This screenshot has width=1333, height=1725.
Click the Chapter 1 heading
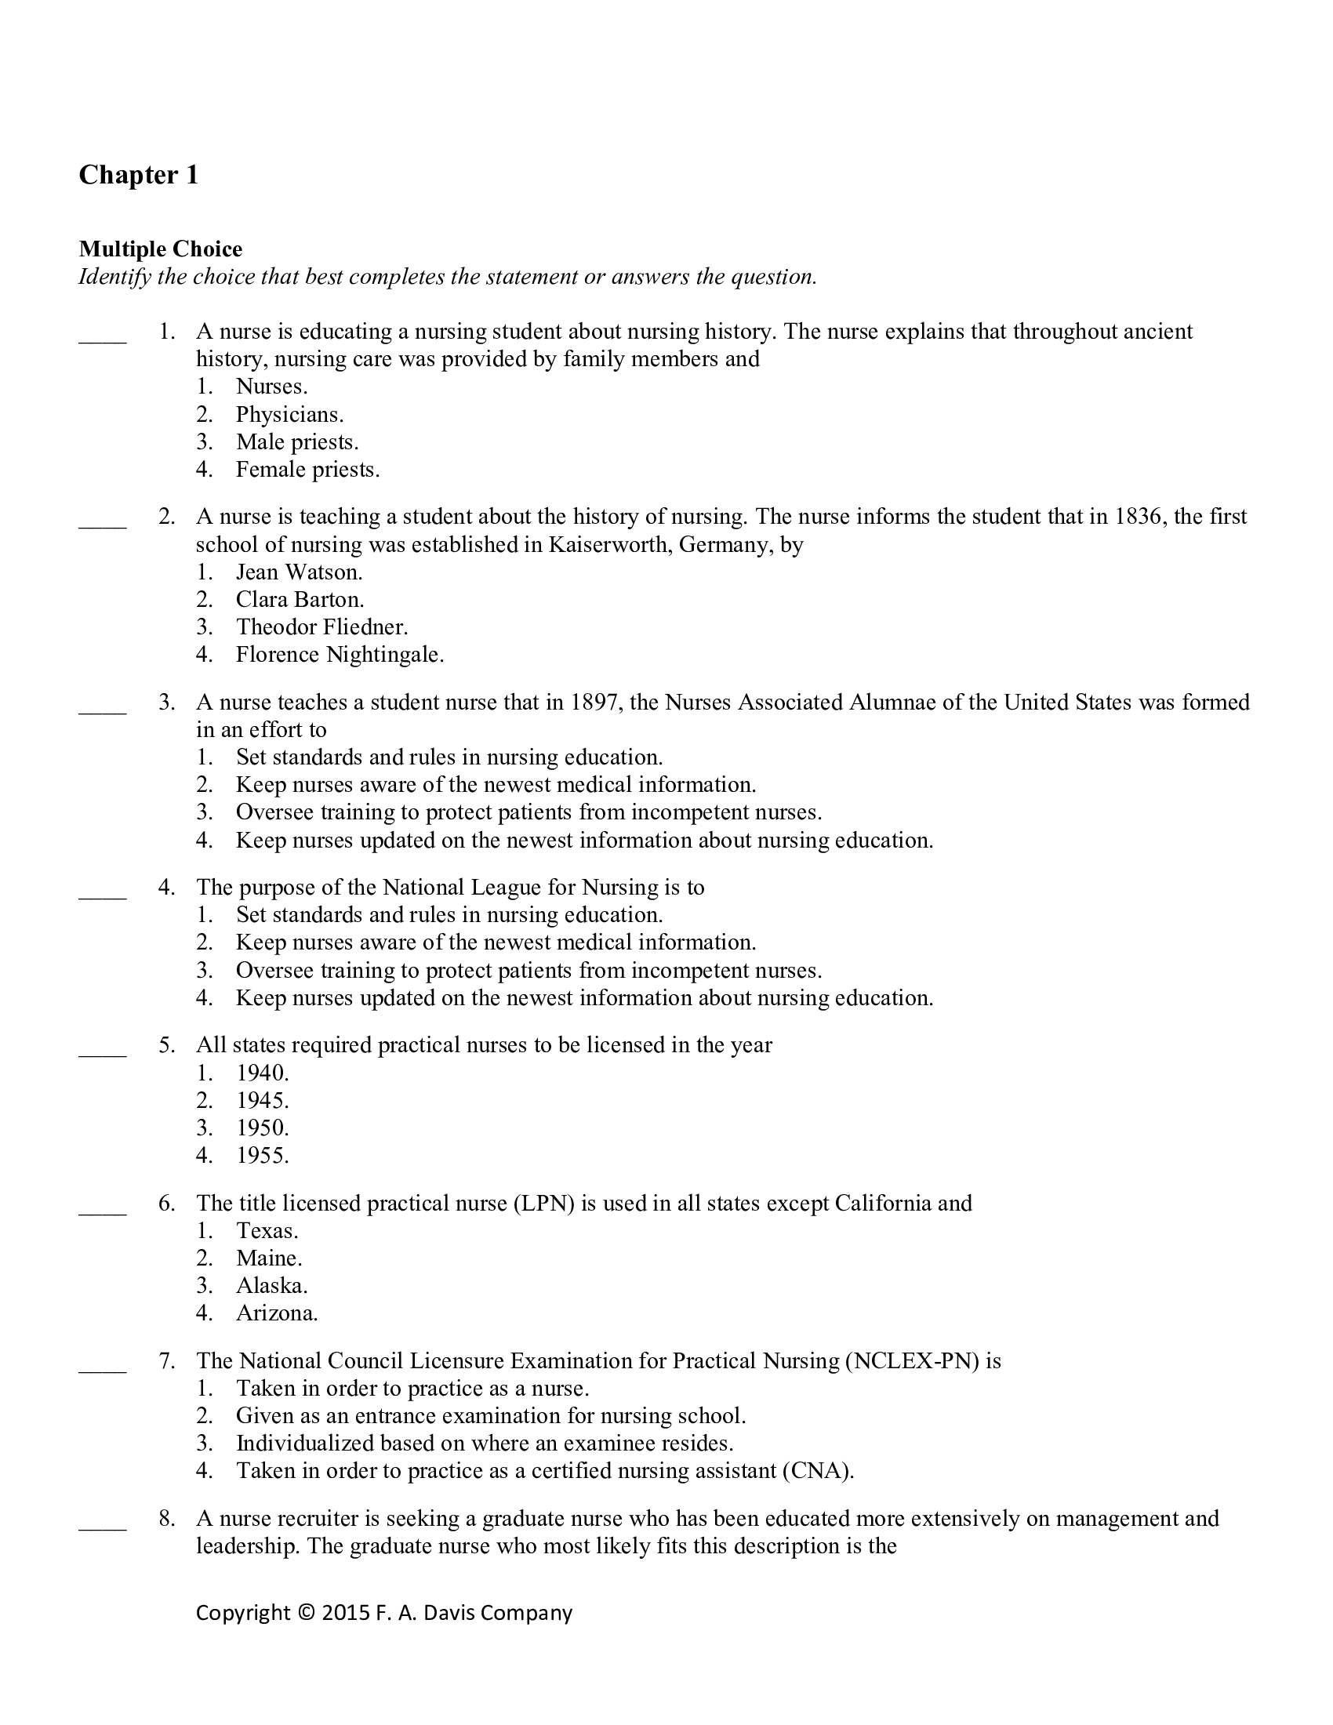138,175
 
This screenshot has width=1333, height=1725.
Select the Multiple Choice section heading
160,249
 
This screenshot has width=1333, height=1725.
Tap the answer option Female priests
307,470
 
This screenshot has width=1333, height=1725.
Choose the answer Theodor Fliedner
321,627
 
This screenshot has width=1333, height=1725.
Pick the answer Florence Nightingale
340,655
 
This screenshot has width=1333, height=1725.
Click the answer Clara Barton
300,600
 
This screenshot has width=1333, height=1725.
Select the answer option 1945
262,1100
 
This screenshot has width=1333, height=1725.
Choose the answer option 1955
262,1156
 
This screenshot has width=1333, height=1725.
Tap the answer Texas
267,1230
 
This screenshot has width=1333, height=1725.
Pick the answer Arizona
276,1313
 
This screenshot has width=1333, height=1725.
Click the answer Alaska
271,1286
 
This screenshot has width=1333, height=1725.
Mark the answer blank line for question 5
103,1055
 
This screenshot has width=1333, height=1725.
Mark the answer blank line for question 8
103,1527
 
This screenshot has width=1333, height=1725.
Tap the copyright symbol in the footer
306,1612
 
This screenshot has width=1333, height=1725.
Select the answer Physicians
289,415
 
